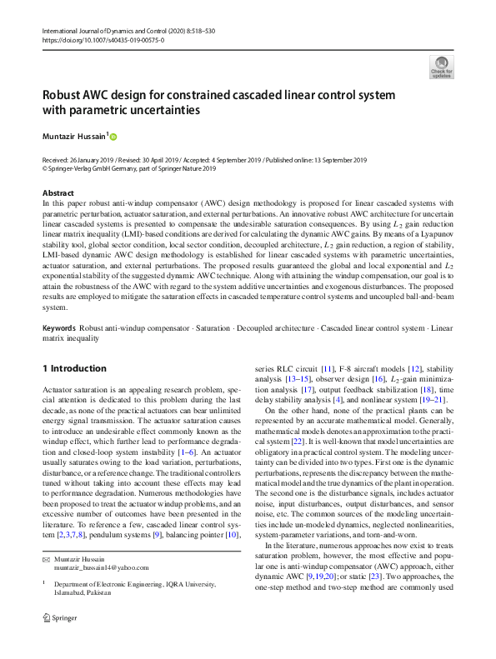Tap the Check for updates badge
[441, 67]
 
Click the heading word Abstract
[58, 193]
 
